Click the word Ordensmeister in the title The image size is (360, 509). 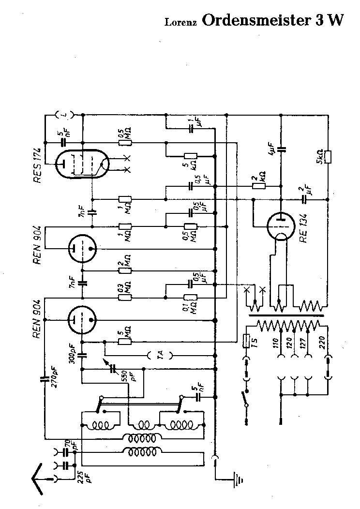(x=254, y=20)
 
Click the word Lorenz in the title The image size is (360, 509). (x=180, y=22)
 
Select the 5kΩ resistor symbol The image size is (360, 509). (x=328, y=156)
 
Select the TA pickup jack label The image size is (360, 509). (x=163, y=355)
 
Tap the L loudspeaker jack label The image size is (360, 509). (x=64, y=114)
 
